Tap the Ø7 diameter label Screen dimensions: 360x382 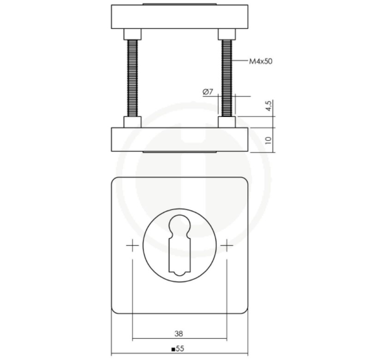pyautogui.click(x=208, y=92)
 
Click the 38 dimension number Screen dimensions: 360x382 pyautogui.click(x=179, y=333)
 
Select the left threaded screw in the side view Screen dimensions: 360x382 pyautogui.click(x=132, y=78)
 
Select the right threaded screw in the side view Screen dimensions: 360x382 pyautogui.click(x=227, y=78)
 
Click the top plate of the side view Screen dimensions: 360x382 pyautogui.click(x=179, y=17)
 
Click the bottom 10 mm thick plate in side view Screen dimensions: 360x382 pyautogui.click(x=179, y=139)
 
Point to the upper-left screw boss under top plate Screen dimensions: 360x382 pyautogui.click(x=132, y=34)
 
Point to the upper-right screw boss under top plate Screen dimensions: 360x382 pyautogui.click(x=227, y=34)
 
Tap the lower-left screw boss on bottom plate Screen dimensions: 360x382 pyautogui.click(x=132, y=122)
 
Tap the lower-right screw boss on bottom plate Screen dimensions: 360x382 pyautogui.click(x=227, y=122)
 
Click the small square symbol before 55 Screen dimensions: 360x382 pyautogui.click(x=173, y=350)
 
